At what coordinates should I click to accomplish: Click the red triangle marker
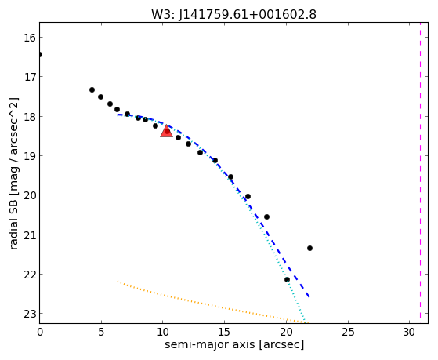coord(166,131)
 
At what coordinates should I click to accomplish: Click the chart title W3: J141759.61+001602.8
coord(233,15)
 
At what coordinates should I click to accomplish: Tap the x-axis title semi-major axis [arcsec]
coord(234,344)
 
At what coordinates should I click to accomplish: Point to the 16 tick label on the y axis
coord(30,37)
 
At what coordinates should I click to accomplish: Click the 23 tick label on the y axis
coord(30,314)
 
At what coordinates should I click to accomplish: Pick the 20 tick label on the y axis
coord(30,195)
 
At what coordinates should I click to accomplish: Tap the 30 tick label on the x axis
coord(409,332)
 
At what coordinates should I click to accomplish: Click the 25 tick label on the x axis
coord(348,332)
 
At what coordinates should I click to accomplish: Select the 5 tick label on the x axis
coord(101,332)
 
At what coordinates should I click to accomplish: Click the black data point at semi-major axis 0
coord(40,54)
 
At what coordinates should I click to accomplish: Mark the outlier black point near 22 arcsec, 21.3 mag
coord(309,248)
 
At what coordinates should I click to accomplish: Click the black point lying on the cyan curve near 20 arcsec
coord(287,279)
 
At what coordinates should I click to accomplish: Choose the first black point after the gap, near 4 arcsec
coord(92,89)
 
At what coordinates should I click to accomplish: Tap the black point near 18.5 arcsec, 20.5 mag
coord(266,216)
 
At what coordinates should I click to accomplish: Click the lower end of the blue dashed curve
coord(309,296)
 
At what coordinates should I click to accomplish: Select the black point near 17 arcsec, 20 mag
coord(248,196)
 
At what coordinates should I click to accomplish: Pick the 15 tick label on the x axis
coord(224,332)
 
